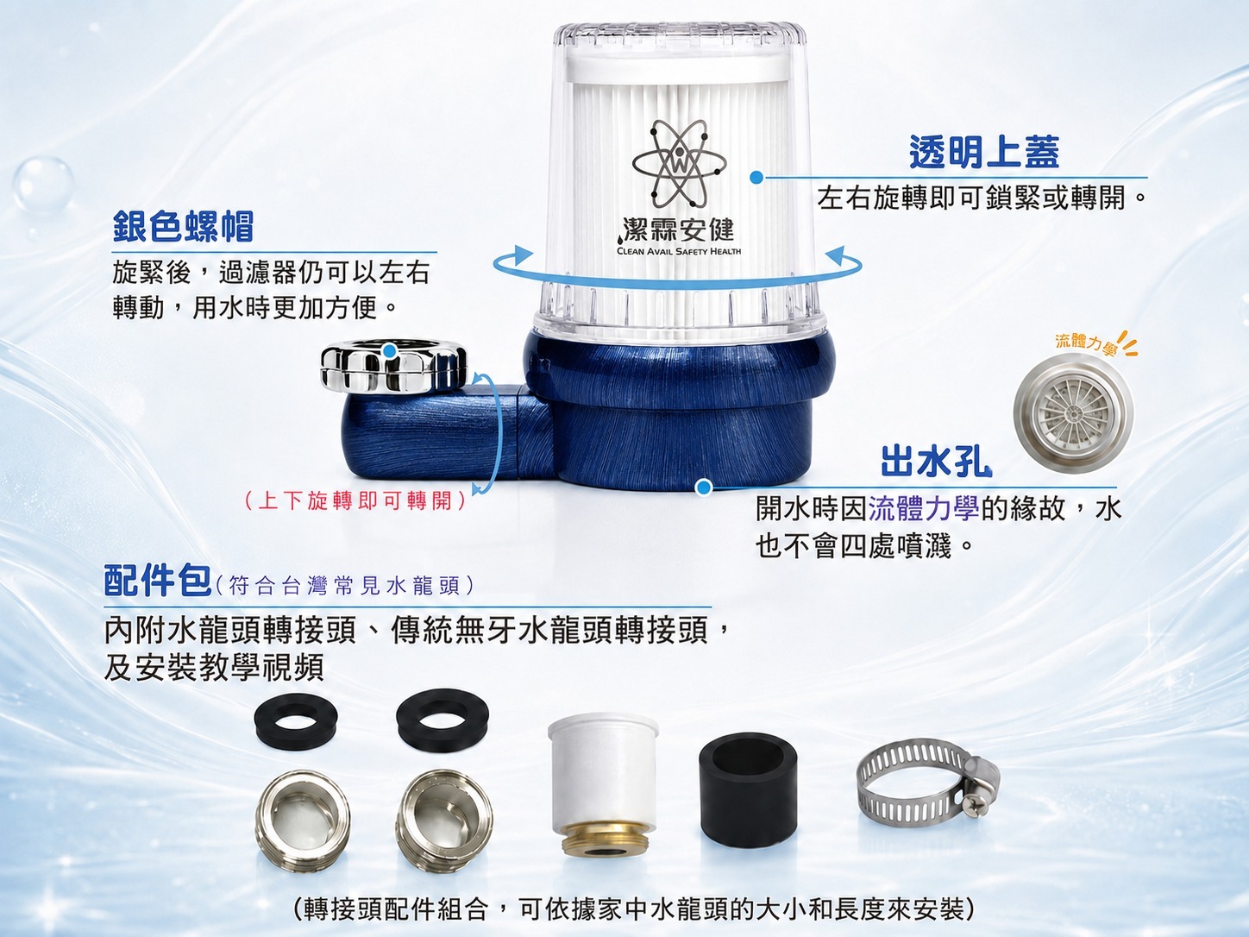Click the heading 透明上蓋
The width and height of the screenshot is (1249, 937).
pos(984,153)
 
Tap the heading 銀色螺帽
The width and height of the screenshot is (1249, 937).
pos(183,226)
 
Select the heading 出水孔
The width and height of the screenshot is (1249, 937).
pos(936,462)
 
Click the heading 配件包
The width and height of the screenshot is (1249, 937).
pos(158,580)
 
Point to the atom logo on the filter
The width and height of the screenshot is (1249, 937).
pos(679,165)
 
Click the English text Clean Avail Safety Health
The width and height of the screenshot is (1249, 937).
pos(679,251)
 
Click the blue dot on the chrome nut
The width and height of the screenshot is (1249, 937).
pos(389,351)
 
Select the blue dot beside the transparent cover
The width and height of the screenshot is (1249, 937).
pos(756,178)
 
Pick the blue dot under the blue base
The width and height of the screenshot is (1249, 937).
pos(704,487)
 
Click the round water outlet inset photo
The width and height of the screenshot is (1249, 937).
pos(1072,413)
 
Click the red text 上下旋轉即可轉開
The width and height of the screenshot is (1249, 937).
pos(355,501)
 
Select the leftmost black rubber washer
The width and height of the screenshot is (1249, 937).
pos(296,725)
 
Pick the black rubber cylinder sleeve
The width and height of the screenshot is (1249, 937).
pos(748,789)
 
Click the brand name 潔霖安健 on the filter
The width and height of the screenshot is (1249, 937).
pos(678,230)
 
